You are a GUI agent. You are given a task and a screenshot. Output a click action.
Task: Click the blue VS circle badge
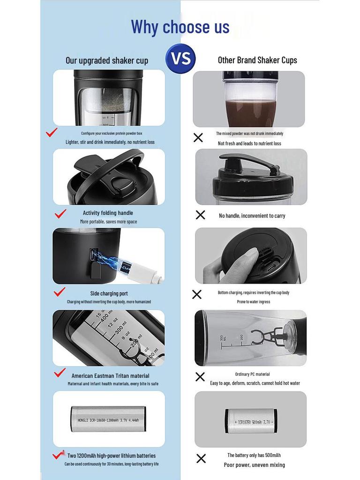(x=180, y=58)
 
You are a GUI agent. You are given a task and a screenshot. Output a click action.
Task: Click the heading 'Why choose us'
(x=180, y=27)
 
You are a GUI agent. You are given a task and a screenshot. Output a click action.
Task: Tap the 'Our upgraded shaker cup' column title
(x=107, y=60)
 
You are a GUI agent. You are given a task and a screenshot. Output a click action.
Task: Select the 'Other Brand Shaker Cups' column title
(x=257, y=60)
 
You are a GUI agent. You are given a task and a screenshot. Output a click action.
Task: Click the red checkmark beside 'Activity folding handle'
(x=60, y=214)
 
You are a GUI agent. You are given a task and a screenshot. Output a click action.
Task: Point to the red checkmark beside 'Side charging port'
(x=60, y=292)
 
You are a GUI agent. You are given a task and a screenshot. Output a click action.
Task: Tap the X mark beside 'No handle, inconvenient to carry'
(x=200, y=215)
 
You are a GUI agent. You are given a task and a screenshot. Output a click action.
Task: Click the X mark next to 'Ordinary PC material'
(x=200, y=377)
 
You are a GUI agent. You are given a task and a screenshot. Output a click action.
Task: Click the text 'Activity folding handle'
(x=108, y=213)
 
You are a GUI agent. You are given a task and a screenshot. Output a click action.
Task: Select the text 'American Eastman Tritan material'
(x=111, y=375)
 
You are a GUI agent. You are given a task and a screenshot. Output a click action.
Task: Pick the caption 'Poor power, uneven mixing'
(x=255, y=465)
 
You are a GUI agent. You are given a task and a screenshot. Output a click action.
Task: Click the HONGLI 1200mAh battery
(x=108, y=420)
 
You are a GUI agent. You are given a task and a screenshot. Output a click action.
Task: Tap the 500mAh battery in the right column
(x=251, y=421)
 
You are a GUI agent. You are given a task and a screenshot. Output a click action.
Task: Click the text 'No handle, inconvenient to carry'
(x=252, y=216)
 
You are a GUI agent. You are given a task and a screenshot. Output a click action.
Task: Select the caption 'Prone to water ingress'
(x=254, y=301)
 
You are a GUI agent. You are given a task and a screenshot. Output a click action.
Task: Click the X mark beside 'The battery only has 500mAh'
(x=201, y=458)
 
